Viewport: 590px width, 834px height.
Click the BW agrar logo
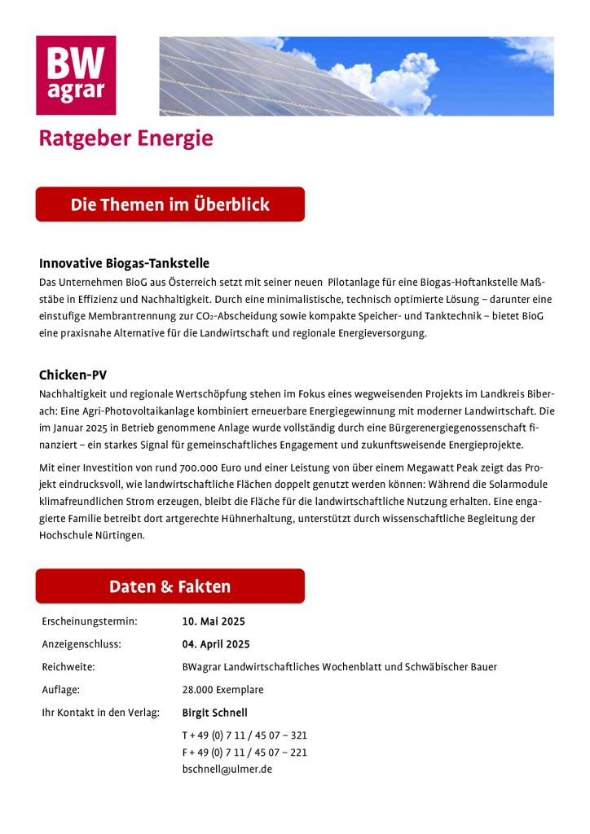(76, 75)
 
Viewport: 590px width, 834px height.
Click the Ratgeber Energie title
(125, 138)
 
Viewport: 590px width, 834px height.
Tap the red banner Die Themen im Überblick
(170, 204)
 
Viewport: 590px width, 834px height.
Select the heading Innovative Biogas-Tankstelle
(124, 264)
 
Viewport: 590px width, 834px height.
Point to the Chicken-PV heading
(73, 375)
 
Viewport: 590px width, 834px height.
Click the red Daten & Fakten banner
(170, 586)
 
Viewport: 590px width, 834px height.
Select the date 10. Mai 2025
(214, 621)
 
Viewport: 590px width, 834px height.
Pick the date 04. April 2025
(216, 644)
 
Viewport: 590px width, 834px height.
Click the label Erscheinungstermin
(89, 621)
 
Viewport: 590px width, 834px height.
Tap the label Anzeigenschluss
(81, 644)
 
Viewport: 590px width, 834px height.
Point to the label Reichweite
(68, 667)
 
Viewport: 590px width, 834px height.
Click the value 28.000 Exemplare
(222, 690)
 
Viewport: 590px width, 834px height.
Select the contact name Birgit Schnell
(214, 713)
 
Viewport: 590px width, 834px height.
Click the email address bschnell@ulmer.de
(227, 769)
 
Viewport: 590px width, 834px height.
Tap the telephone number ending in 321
(244, 735)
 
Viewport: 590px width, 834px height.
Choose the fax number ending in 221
(244, 752)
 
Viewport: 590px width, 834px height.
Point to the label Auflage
(60, 690)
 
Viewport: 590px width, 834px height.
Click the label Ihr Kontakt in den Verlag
(100, 713)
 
